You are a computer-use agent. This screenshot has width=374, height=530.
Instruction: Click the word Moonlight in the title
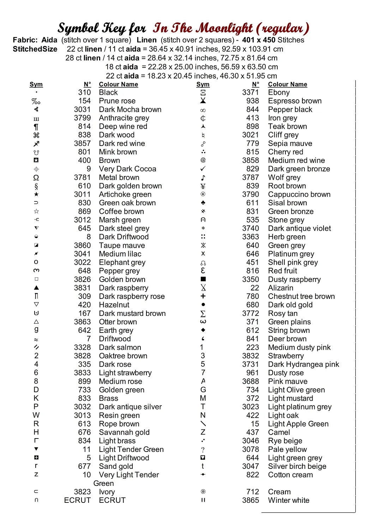224,28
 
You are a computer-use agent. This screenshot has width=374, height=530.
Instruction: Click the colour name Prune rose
117,101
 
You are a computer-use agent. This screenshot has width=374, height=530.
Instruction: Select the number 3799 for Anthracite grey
82,118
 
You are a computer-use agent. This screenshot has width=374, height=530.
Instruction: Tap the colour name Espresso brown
295,101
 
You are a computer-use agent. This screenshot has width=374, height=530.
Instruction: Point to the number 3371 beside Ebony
251,93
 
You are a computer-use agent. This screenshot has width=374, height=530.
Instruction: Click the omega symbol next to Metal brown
36,178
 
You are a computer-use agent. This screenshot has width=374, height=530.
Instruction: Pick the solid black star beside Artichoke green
36,194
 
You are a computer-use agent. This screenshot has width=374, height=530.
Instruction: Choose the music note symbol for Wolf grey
203,178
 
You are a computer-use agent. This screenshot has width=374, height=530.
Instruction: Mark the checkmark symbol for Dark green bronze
203,169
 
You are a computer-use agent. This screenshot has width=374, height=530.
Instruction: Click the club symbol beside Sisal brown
203,203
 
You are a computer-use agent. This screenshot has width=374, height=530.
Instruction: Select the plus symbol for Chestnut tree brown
203,296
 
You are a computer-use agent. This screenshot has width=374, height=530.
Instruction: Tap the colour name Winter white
289,500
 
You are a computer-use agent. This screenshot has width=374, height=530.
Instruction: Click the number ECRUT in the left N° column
77,500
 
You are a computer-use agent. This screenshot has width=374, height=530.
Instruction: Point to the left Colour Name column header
118,84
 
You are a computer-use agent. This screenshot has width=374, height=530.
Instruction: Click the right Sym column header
203,84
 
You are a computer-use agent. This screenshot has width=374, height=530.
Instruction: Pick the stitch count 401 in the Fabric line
249,40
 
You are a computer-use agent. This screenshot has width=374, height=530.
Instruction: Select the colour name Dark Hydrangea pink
303,364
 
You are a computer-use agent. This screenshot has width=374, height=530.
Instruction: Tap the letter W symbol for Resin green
36,415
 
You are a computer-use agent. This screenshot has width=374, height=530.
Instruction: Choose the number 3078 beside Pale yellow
251,449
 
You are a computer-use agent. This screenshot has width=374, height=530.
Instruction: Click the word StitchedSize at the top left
35,49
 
